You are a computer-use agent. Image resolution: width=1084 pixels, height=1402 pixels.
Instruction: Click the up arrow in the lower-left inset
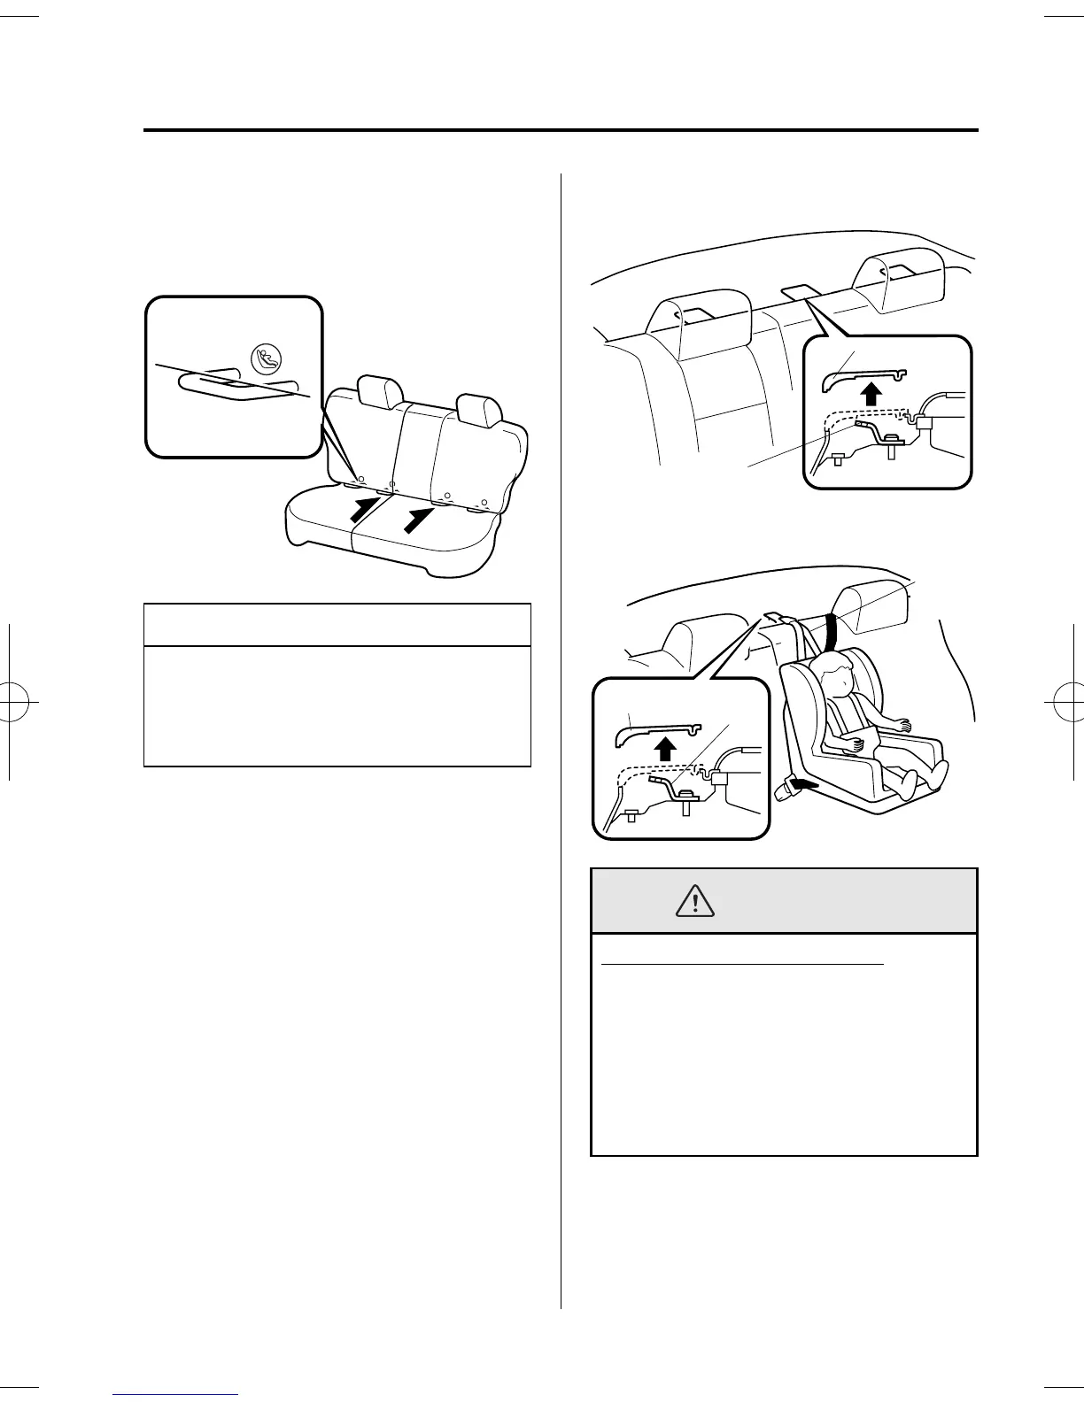(666, 747)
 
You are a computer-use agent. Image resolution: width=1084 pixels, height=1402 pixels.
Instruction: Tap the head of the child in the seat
(836, 677)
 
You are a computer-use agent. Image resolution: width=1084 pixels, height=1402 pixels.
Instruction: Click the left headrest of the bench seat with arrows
(380, 392)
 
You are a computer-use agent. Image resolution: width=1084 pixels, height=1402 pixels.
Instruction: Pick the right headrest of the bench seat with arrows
(480, 410)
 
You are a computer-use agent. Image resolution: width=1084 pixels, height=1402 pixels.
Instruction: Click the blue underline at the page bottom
(176, 1396)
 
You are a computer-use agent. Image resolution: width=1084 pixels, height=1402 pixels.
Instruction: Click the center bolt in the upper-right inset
(891, 443)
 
